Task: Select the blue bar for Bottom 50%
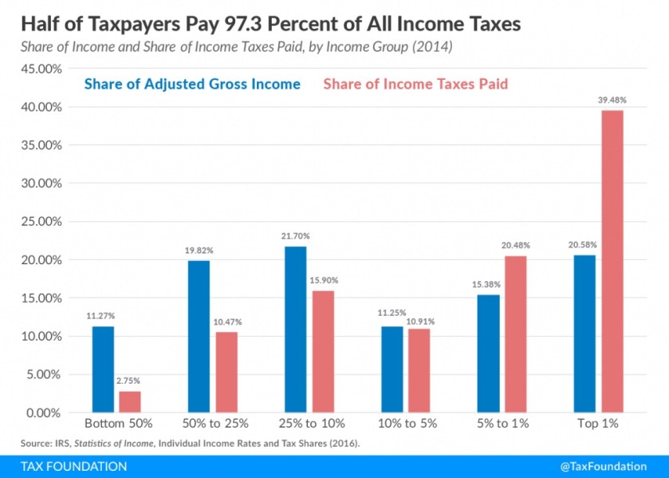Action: [x=103, y=369]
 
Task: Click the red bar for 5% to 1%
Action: [x=515, y=334]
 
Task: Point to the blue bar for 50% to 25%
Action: [x=199, y=337]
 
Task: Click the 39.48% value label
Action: [x=612, y=101]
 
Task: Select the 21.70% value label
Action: [x=295, y=236]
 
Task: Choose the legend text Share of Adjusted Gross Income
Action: [x=192, y=84]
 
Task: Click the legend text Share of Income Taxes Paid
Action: [x=415, y=84]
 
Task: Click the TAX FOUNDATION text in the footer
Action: [x=65, y=466]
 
